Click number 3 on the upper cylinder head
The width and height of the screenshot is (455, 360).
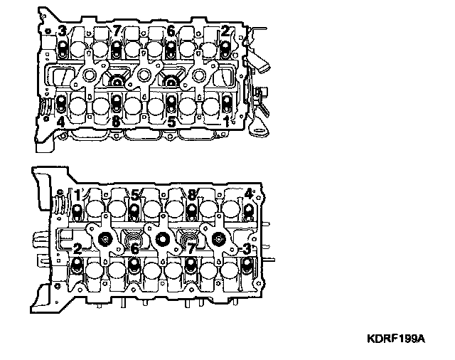[x=63, y=31]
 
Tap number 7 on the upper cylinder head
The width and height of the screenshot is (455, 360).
[x=117, y=31]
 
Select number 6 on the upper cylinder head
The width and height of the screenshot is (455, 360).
[x=171, y=31]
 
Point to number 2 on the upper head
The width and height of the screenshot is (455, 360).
[x=225, y=31]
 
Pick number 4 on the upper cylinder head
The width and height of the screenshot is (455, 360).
[x=62, y=122]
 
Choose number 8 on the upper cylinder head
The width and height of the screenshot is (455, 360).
[x=117, y=122]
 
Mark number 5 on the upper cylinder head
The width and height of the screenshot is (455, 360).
[x=171, y=122]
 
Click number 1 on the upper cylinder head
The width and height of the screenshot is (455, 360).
[x=226, y=122]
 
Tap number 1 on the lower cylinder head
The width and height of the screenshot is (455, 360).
[x=77, y=194]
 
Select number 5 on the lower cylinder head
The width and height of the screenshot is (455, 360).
[x=134, y=194]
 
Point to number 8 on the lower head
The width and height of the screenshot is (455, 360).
[x=191, y=194]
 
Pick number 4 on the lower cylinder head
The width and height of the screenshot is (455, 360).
[x=247, y=194]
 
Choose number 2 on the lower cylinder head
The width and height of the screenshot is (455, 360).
[x=77, y=248]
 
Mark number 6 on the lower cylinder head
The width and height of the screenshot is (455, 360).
[x=134, y=248]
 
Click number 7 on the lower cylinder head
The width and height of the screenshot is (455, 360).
[x=191, y=248]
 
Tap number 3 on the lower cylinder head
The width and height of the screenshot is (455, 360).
[x=247, y=248]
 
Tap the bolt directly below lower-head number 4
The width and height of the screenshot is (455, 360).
[x=247, y=211]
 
